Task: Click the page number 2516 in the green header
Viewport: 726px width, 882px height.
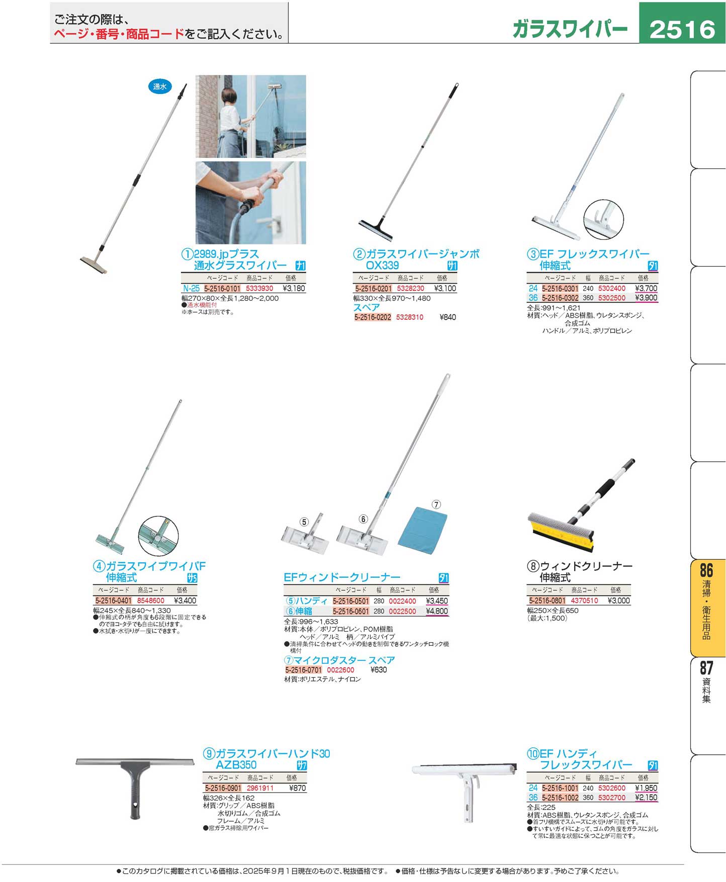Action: [x=682, y=29]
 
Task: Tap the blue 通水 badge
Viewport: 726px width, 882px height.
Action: [x=159, y=86]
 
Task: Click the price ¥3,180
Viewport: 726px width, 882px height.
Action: [x=294, y=289]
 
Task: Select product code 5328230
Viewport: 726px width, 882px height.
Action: [x=410, y=289]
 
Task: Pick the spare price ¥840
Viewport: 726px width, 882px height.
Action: [x=447, y=317]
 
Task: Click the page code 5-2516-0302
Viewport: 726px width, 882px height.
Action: [x=560, y=298]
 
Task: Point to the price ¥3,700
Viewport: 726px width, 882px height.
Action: [x=646, y=289]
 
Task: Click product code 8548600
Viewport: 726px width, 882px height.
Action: [x=151, y=600]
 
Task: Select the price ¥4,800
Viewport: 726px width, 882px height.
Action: [x=437, y=611]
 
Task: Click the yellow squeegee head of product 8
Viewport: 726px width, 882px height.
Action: [x=561, y=535]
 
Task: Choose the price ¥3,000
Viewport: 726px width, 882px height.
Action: [x=619, y=600]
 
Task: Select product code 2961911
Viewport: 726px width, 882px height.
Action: [x=260, y=788]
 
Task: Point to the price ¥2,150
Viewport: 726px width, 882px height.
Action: [x=646, y=798]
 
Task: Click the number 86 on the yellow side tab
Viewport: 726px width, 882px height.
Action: [x=706, y=571]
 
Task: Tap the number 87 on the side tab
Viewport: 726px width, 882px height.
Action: [x=706, y=668]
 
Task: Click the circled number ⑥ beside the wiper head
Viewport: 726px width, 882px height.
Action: [x=363, y=519]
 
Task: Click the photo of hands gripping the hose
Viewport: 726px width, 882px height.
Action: [x=250, y=203]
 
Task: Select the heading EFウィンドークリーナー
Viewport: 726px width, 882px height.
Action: [x=342, y=577]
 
